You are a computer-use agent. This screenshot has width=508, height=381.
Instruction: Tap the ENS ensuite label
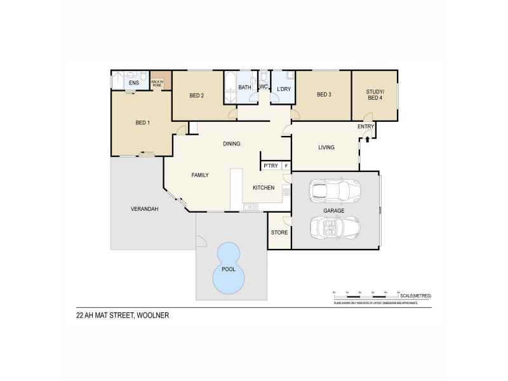click(x=134, y=83)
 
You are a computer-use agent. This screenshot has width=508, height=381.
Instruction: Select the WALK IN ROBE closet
click(x=157, y=82)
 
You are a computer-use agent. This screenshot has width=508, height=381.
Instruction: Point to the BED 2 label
click(x=197, y=96)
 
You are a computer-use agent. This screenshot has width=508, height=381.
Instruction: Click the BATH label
click(x=244, y=88)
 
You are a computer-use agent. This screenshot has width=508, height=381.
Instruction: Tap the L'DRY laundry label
click(x=283, y=88)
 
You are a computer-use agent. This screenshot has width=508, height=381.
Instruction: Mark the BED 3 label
click(x=324, y=95)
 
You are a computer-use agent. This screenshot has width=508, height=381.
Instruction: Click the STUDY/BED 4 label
click(x=375, y=95)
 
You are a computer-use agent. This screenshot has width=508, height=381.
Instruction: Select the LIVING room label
click(x=326, y=148)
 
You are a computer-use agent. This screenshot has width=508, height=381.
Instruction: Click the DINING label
click(x=231, y=144)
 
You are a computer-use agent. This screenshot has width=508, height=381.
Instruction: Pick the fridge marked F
click(x=286, y=166)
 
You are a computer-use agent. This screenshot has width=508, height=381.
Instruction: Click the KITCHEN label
click(x=264, y=188)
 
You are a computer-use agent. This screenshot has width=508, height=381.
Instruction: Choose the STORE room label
click(x=279, y=232)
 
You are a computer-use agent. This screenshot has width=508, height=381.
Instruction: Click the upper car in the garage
click(x=334, y=189)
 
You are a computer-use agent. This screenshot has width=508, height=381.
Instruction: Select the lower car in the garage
click(x=334, y=226)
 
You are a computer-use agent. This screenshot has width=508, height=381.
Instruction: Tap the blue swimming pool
click(x=228, y=268)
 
